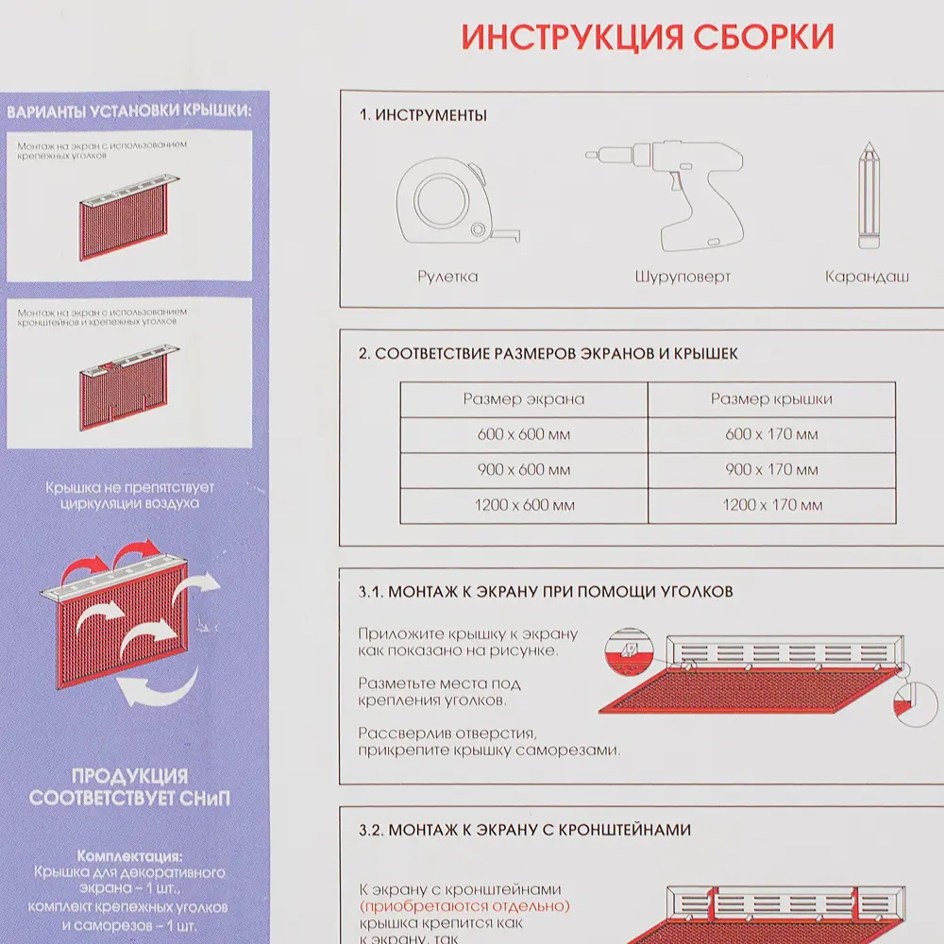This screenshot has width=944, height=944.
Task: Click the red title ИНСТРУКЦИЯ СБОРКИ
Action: tap(648, 37)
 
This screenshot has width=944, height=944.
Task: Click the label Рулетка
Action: tap(447, 277)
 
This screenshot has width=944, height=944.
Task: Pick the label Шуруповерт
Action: tap(683, 277)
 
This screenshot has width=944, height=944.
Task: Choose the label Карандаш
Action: tap(867, 277)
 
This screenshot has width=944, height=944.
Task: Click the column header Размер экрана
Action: tap(523, 399)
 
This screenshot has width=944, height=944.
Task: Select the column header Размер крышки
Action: tap(771, 399)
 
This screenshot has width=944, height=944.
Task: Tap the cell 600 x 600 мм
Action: tap(523, 435)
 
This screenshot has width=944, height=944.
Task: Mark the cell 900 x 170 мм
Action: tap(771, 470)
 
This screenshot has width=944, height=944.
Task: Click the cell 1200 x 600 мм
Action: tap(523, 506)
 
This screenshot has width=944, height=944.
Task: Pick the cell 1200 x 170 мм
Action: tap(771, 506)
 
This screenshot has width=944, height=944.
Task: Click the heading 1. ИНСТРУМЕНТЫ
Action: tap(422, 116)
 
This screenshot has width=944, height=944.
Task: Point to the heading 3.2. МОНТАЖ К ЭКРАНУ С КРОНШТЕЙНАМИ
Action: tap(524, 830)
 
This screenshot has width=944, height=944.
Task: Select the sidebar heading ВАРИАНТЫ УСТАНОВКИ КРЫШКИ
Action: tap(129, 111)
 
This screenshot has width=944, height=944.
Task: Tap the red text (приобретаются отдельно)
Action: tap(464, 906)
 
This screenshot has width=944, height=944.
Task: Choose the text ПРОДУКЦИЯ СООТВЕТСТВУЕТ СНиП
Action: tap(129, 787)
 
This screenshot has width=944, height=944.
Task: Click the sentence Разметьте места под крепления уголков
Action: tap(439, 692)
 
